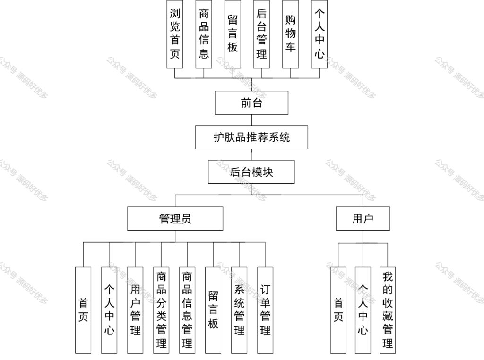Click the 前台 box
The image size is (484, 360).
251,103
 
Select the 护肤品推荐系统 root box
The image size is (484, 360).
251,137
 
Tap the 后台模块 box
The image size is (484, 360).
251,172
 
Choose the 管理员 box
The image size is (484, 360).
175,218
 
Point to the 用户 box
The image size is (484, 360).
363,218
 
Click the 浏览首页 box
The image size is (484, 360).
175,34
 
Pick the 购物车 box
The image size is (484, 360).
291,34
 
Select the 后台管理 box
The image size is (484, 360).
261,34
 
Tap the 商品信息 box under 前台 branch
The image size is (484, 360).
204,34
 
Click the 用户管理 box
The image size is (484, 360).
135,310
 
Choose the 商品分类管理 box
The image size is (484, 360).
161,310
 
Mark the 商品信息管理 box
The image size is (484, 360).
187,310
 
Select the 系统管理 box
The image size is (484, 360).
239,310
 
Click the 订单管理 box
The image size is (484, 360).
265,310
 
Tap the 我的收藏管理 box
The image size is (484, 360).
388,310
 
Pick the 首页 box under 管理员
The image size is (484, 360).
83,310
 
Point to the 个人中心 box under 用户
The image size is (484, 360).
363,310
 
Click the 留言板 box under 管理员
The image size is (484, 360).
213,310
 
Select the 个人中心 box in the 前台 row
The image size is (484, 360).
319,34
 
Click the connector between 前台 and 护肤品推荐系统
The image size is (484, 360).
251,120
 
